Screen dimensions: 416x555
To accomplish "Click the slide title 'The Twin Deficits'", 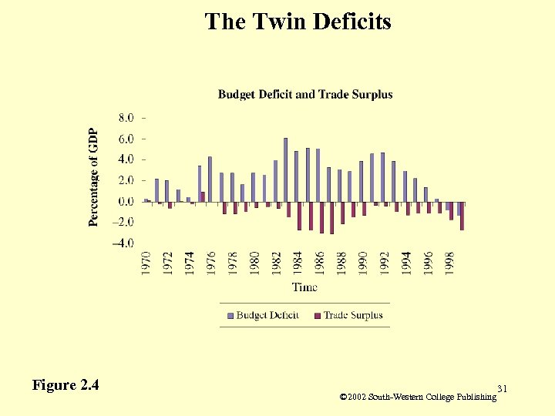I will coord(298,22).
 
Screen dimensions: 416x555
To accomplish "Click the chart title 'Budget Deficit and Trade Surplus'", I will coord(305,95).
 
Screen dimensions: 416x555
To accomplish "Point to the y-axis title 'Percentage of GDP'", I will coord(93,177).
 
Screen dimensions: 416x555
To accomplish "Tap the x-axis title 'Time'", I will coord(304,287).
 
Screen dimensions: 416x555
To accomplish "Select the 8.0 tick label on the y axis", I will coord(126,118).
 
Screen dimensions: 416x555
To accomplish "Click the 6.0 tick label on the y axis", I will coord(126,139).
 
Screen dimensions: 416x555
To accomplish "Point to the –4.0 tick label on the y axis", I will coord(123,243).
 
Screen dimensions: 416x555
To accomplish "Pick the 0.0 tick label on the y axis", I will coord(126,201).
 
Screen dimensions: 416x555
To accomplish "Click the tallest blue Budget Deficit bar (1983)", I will coord(285,170).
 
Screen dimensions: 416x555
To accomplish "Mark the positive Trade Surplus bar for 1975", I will coord(203,197).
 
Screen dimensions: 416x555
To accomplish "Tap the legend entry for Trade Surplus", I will coord(348,315).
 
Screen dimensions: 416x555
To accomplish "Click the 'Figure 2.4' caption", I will coord(66,384).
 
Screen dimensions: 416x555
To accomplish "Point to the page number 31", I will coord(503,387).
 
